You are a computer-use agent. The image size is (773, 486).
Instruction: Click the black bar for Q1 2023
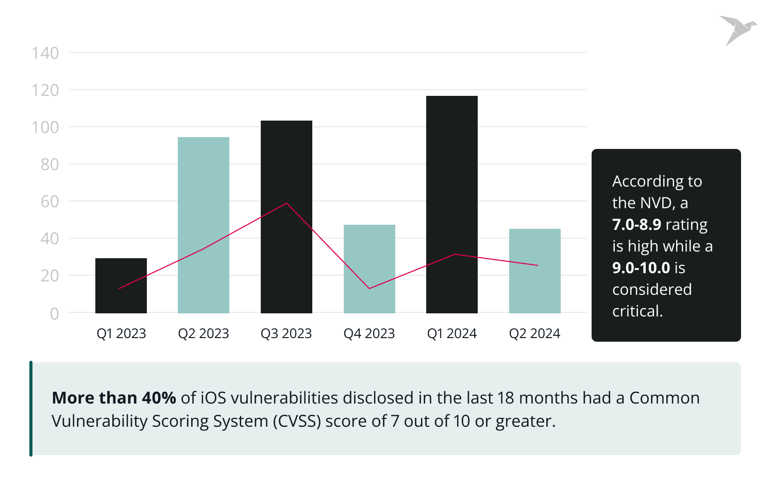click(121, 286)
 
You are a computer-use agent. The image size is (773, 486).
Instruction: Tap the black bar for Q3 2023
click(287, 217)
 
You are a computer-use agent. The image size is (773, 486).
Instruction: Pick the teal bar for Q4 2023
click(369, 269)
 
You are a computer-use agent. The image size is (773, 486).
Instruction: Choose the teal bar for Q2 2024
click(535, 271)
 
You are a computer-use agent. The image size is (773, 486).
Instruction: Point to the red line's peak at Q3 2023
click(287, 204)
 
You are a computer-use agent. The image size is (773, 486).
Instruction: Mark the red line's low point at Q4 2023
click(369, 288)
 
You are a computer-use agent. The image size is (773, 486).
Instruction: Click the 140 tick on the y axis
click(45, 53)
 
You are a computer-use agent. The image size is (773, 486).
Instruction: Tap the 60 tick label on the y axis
click(50, 202)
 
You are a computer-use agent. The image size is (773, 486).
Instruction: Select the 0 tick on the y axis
click(54, 314)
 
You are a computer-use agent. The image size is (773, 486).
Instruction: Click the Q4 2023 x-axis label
click(369, 334)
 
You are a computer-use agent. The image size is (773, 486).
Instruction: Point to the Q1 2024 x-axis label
click(452, 334)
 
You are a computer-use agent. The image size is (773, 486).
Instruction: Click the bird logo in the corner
click(737, 30)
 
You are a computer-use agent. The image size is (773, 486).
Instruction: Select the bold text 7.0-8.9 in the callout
click(636, 225)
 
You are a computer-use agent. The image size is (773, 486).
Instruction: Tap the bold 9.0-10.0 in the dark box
click(641, 268)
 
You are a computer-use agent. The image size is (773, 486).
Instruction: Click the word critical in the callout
click(637, 311)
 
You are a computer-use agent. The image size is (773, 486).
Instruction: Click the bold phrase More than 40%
click(114, 398)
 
